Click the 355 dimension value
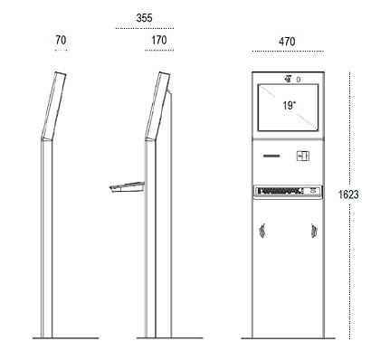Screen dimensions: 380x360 click(x=144, y=18)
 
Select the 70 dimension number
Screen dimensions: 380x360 click(x=61, y=40)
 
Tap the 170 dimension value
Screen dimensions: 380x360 click(x=158, y=40)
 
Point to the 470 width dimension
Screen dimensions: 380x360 click(x=287, y=42)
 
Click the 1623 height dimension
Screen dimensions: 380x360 click(x=348, y=194)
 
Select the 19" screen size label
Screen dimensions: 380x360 click(x=290, y=106)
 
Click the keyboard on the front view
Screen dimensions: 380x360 click(x=288, y=191)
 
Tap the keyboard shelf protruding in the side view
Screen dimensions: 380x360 click(x=127, y=187)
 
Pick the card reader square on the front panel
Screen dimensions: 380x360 click(x=303, y=156)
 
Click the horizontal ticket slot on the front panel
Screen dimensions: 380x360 click(x=271, y=156)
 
